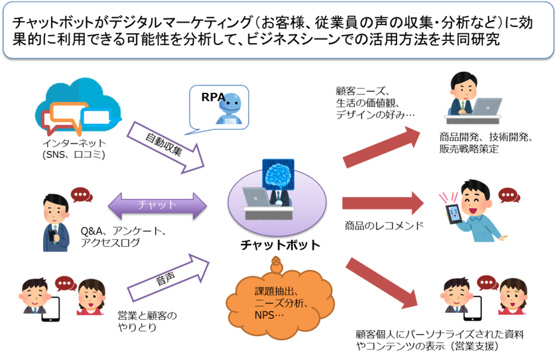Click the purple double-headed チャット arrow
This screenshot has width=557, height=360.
tap(157, 206)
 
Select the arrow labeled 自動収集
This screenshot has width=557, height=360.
tap(166, 147)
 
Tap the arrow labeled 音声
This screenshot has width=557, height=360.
tap(168, 278)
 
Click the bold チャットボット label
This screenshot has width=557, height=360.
tap(280, 245)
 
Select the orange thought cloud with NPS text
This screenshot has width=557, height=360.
tap(280, 299)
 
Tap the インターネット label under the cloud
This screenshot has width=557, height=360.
tap(74, 143)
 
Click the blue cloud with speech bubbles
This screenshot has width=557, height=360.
tap(78, 106)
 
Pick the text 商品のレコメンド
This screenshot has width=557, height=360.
tap(385, 225)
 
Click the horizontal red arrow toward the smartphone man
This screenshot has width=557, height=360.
tap(383, 204)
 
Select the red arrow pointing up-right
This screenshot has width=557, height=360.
tap(381, 147)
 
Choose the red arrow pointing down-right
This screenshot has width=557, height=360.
tap(381, 283)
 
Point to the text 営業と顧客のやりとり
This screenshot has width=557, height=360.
tap(147, 322)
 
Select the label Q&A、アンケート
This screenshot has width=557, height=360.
tap(123, 231)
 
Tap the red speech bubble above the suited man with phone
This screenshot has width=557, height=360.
tap(82, 195)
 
